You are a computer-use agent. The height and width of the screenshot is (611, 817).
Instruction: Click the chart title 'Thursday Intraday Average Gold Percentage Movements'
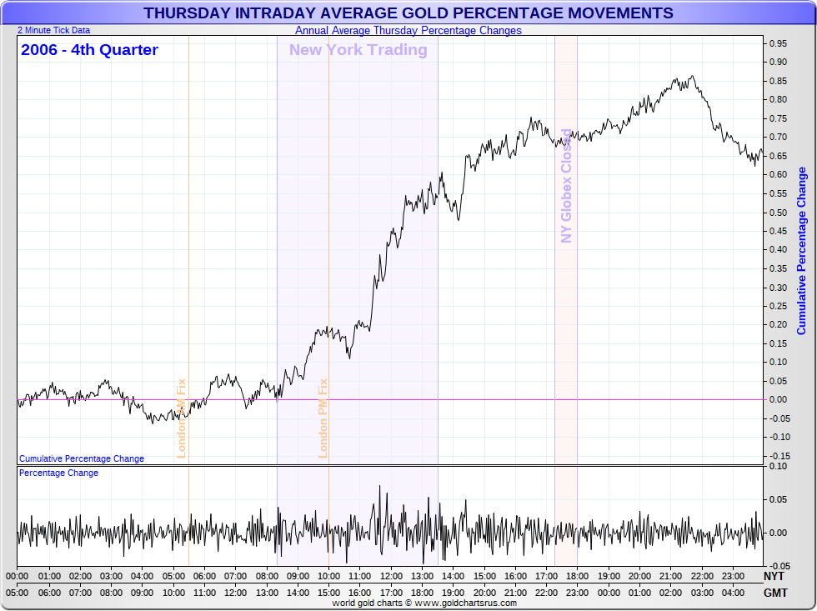408,13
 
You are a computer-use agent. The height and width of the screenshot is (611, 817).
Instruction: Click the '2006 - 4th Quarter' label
89,50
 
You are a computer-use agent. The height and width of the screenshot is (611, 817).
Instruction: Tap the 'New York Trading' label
358,50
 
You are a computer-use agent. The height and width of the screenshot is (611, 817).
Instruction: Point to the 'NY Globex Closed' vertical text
567,185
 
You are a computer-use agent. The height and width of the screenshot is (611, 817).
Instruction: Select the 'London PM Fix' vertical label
323,418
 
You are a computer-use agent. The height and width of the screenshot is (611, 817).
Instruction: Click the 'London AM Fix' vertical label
181,418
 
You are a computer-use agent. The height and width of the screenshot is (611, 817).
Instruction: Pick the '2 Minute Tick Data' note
53,30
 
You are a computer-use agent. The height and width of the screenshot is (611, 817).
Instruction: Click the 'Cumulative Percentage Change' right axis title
802,250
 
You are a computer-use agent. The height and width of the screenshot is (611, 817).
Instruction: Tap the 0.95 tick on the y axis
779,43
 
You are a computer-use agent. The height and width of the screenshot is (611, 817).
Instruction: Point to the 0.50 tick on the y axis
779,212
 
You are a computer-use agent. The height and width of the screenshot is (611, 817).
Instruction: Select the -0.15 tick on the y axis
779,456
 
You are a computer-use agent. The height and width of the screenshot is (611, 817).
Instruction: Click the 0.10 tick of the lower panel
779,466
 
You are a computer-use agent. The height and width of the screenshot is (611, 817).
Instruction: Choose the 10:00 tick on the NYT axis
328,576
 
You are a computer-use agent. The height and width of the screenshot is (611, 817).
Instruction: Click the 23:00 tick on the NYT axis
733,576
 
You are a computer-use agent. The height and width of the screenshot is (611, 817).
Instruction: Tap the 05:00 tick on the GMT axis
18,593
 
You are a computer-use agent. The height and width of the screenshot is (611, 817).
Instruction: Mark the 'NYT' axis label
774,576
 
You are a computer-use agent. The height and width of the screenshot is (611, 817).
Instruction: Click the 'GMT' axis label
774,593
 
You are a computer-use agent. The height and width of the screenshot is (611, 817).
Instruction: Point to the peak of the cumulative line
692,76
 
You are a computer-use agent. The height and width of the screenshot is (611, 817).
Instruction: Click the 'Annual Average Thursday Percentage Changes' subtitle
408,31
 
